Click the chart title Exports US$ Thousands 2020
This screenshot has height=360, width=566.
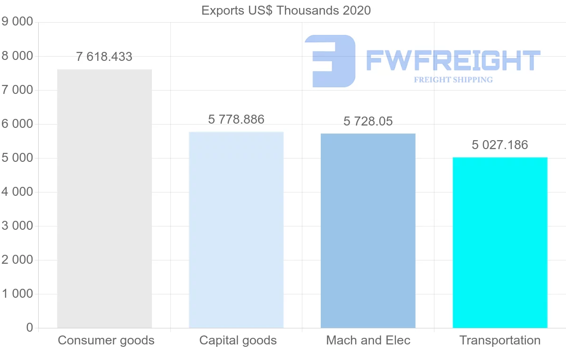(286, 10)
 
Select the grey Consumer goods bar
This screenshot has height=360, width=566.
(104, 198)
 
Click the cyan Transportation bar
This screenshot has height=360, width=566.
(500, 243)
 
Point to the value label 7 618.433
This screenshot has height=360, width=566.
(104, 57)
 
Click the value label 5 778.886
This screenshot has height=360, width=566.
(236, 119)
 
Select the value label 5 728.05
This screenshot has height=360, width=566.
(368, 122)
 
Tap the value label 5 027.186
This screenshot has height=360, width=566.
(500, 145)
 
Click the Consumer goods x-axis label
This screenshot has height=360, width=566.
(106, 340)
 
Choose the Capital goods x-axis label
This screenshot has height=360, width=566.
(238, 340)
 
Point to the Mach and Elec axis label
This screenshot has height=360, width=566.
(368, 340)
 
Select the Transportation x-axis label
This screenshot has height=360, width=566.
(500, 340)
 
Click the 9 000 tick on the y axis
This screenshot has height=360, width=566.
(18, 22)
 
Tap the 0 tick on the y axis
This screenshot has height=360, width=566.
(30, 328)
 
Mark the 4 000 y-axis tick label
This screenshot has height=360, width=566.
(18, 192)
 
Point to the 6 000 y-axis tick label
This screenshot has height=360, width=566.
(18, 124)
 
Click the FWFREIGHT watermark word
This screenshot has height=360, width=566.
(453, 60)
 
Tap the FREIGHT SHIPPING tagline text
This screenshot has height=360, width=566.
(453, 80)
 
